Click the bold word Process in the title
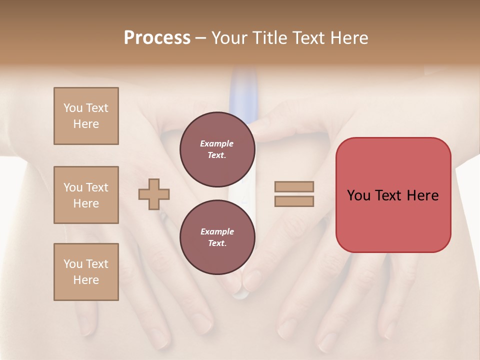tap(157, 38)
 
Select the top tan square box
tap(86, 116)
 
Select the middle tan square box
tap(86, 195)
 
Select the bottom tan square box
tap(86, 272)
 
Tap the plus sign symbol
tap(154, 194)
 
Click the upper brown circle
tap(217, 149)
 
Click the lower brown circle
tap(217, 237)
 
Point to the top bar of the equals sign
tap(294, 186)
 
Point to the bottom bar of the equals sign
tap(294, 201)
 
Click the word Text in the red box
tap(392, 195)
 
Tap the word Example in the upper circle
tap(216, 143)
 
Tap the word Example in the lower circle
tap(216, 231)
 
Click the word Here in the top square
tap(86, 124)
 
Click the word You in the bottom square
tap(73, 264)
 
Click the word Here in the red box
tap(423, 195)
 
